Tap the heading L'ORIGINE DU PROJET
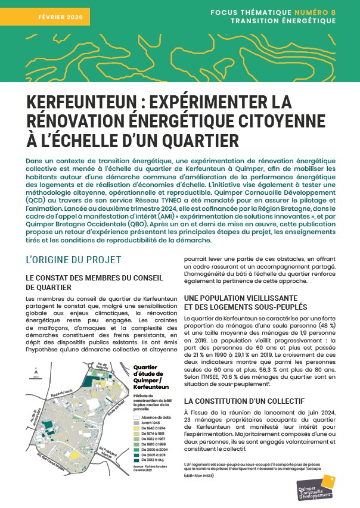click(x=74, y=260)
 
